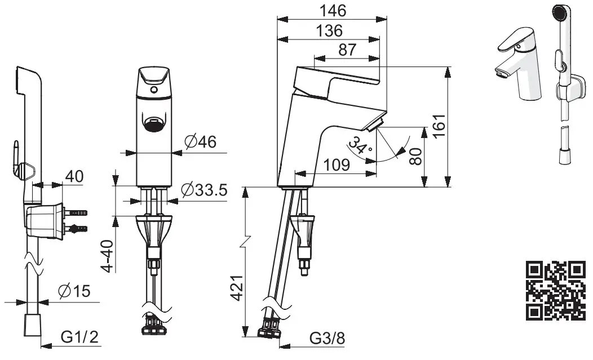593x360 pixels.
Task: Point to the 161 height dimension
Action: (439, 125)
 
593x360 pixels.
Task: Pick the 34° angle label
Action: (360, 146)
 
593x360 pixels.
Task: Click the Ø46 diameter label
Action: (201, 143)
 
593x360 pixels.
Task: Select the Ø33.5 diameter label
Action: (204, 190)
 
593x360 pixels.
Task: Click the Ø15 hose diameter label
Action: (74, 291)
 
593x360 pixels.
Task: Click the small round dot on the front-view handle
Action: (153, 89)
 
